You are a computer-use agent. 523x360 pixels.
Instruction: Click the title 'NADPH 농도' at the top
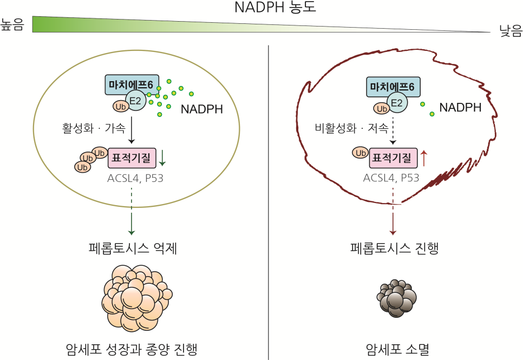coord(275,7)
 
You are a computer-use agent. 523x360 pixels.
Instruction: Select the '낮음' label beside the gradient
coord(511,31)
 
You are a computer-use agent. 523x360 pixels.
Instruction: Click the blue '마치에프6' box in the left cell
coord(132,85)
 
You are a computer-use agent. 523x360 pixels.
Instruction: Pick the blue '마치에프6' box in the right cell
coord(393,87)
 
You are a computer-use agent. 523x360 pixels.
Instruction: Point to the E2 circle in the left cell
coord(136,101)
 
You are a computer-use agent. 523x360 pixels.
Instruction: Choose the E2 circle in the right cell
coord(397,102)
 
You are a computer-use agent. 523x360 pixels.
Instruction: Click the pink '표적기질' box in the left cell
coord(132,158)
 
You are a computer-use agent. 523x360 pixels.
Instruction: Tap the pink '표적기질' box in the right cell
coord(393,158)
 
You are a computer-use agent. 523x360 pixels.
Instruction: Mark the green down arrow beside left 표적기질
coord(162,158)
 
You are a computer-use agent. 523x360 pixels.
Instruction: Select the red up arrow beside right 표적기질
coord(423,158)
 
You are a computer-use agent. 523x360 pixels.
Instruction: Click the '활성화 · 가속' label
coord(94,128)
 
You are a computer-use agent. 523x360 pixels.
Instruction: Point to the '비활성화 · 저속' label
coord(351,128)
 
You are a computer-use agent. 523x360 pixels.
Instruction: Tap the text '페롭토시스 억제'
coord(133,248)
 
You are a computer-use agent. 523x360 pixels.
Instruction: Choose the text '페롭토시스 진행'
coord(394,248)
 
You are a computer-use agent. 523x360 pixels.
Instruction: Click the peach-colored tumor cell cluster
coord(137,298)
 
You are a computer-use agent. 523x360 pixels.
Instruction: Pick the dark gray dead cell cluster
coord(397,298)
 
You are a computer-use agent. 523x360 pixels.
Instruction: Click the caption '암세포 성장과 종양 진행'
coord(132,349)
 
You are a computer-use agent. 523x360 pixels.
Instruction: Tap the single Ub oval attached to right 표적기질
coord(361,153)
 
